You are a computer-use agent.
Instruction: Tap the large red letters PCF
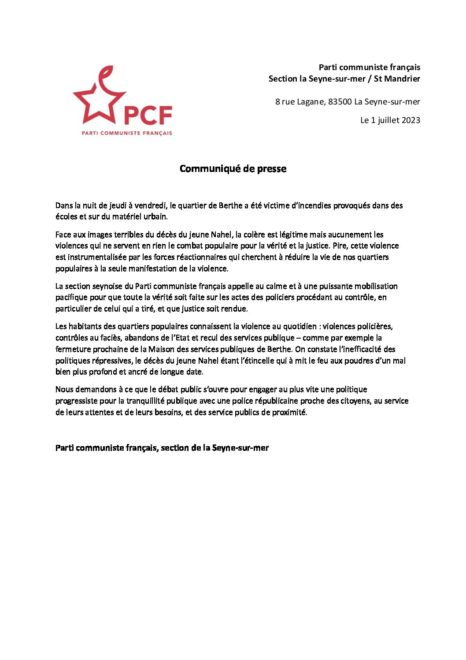click(x=148, y=116)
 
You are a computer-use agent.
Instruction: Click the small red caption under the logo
click(x=127, y=133)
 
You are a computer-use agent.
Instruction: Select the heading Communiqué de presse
click(x=233, y=168)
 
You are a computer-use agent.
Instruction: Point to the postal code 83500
click(x=340, y=102)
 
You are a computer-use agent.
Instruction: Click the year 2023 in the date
click(x=411, y=120)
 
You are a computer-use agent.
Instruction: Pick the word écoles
click(x=67, y=216)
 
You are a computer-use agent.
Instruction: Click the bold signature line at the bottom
click(x=162, y=448)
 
